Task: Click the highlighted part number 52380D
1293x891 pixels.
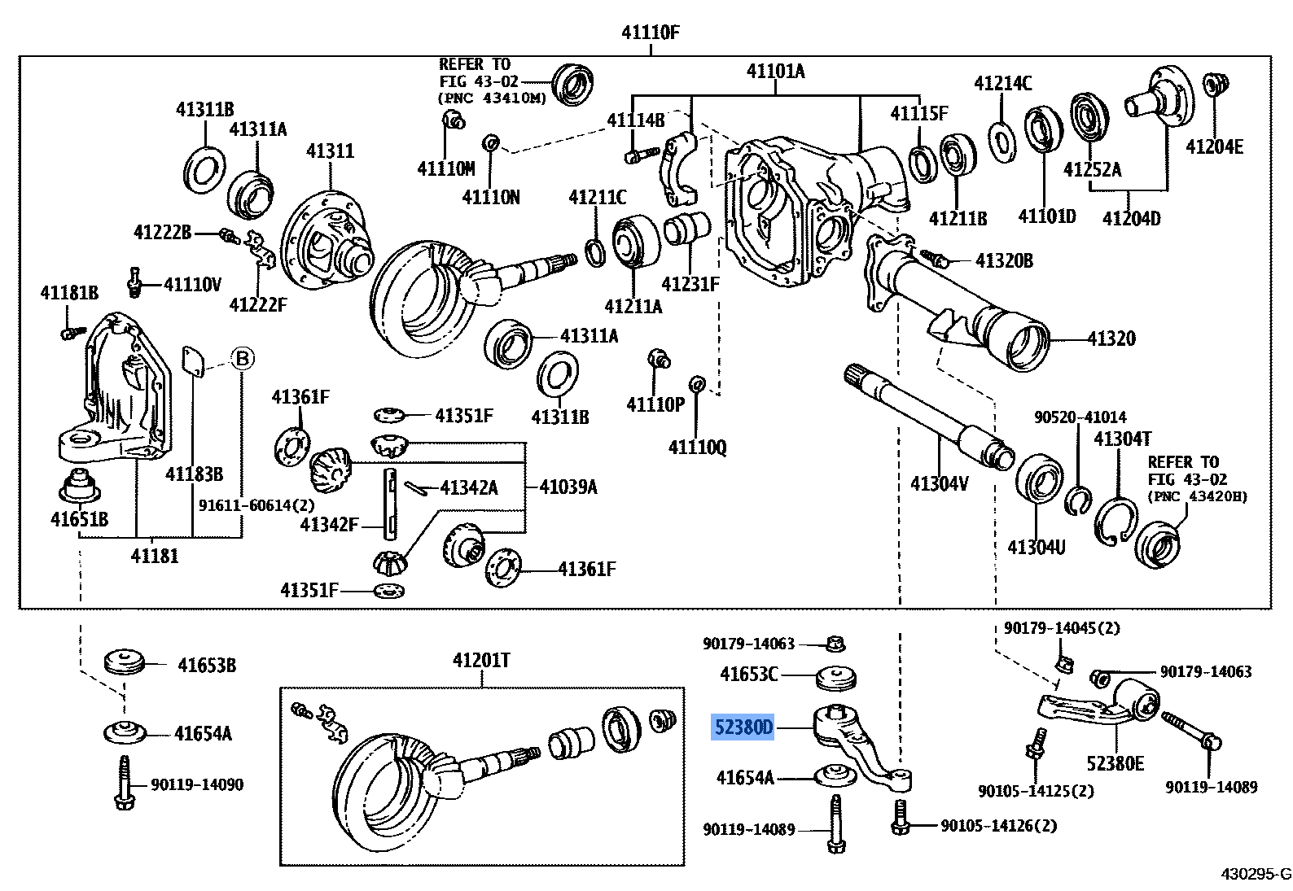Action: (x=743, y=727)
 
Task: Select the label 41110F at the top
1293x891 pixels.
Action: (x=650, y=33)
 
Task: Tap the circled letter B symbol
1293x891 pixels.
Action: (x=242, y=358)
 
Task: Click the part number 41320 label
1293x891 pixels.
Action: (x=1111, y=338)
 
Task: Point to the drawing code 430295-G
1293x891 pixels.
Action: (x=1255, y=874)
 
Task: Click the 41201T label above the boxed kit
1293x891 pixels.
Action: (x=481, y=660)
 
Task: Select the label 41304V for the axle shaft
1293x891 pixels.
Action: (x=939, y=483)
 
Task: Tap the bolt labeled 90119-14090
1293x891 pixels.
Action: (x=125, y=783)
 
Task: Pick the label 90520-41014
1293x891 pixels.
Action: (x=1080, y=417)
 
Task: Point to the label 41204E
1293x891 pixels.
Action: (x=1214, y=146)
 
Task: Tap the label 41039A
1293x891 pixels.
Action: (x=568, y=487)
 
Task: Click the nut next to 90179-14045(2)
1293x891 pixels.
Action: (x=1063, y=664)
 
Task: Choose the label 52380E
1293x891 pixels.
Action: (x=1115, y=763)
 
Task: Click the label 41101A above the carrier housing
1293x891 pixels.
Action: (x=775, y=72)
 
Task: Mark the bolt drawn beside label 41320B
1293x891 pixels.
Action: (x=934, y=259)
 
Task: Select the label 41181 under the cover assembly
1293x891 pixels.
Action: (x=154, y=556)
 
